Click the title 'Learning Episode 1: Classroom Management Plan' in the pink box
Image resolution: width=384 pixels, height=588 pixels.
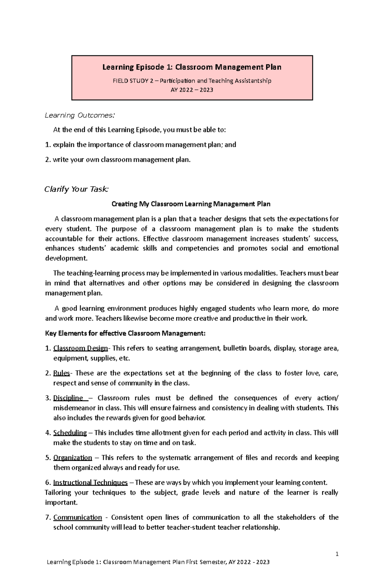[x=192, y=67]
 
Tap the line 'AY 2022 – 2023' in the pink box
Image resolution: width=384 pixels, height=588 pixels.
[x=192, y=90]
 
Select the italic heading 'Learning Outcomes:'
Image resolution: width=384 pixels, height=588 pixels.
[x=79, y=115]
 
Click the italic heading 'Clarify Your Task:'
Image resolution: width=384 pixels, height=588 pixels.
[x=76, y=189]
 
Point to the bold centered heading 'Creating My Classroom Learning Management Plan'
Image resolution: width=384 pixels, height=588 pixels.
[x=191, y=204]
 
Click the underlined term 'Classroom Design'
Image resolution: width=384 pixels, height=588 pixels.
[x=81, y=348]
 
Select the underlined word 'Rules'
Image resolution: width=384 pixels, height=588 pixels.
[x=61, y=373]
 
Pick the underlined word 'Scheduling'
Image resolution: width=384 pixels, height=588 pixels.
[x=70, y=433]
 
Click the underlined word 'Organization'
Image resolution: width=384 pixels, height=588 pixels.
[x=73, y=458]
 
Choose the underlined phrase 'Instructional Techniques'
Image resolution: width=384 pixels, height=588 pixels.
[x=90, y=483]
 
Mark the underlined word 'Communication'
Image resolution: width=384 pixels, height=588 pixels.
[x=77, y=517]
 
